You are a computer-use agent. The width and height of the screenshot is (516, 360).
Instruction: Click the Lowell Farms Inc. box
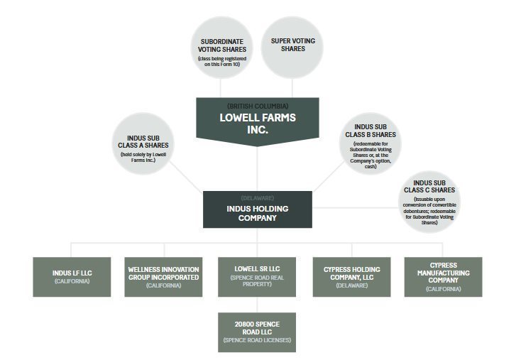pos(258,121)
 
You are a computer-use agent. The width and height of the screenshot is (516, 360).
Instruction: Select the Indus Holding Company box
pos(258,209)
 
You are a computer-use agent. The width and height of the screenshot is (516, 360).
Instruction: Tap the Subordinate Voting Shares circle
pos(221,48)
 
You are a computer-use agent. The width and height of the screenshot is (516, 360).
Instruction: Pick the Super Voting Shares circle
pos(292,48)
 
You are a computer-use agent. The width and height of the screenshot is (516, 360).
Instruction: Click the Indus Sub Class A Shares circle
pos(143,143)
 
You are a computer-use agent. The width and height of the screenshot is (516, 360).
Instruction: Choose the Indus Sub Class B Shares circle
pos(370,143)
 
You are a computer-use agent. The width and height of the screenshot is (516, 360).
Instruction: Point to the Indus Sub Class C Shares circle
pos(429,202)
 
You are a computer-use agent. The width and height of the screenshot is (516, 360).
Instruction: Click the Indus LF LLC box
pos(72,277)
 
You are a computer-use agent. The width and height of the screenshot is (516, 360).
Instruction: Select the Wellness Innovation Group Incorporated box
pos(163,277)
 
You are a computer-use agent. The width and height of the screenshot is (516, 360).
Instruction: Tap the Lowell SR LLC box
pos(257,277)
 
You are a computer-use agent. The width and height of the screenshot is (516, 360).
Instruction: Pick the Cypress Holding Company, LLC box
pos(352,277)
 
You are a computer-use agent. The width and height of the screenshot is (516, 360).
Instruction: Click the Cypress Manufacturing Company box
pos(444,277)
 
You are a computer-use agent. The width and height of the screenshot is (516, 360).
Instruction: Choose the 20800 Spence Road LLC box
pos(257,332)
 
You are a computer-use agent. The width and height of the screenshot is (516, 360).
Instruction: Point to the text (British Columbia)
pos(258,106)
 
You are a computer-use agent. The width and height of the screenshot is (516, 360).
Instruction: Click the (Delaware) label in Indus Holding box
pos(258,198)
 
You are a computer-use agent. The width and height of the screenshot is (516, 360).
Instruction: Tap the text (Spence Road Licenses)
pos(257,340)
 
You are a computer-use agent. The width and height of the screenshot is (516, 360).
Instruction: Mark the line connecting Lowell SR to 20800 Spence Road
pos(257,305)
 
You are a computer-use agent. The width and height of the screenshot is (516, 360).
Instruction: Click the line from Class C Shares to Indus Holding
pos(356,207)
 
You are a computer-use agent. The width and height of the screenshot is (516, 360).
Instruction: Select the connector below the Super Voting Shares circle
pos(292,88)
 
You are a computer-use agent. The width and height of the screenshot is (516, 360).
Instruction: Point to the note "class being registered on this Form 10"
pos(222,61)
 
